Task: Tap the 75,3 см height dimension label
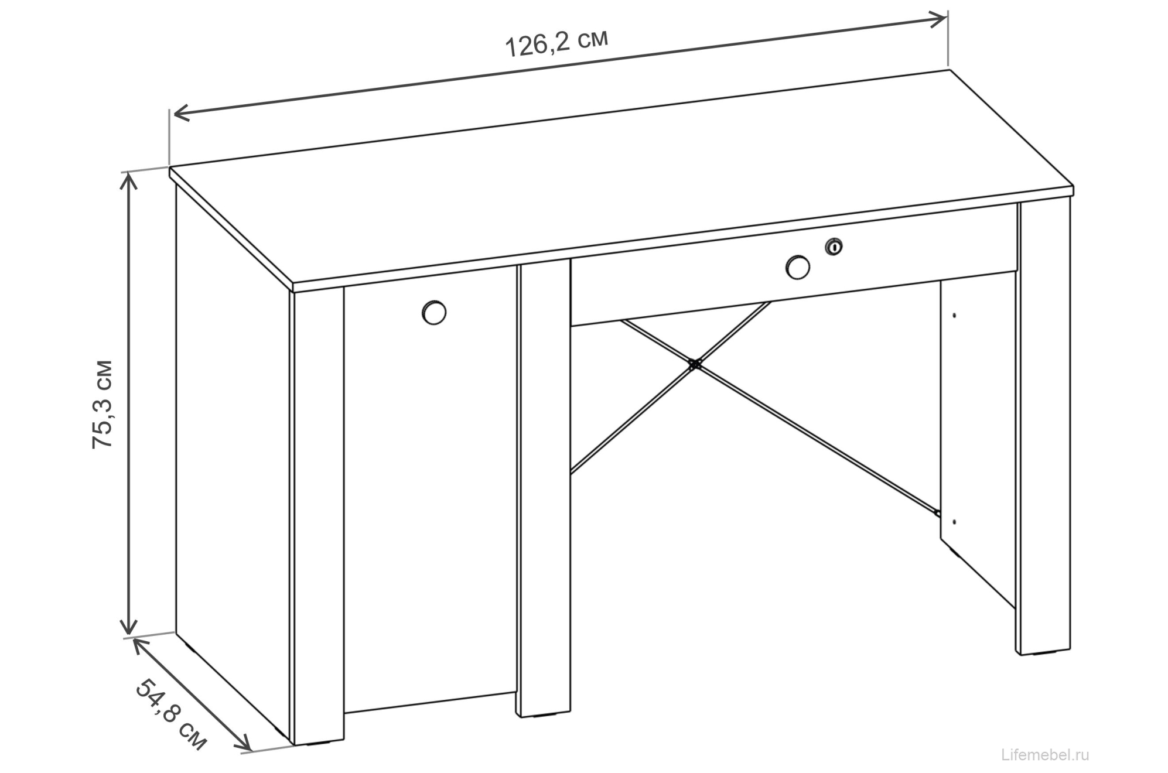pos(103,405)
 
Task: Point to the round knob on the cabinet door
pos(433,312)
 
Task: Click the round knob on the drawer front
pos(797,268)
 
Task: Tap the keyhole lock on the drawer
pos(834,247)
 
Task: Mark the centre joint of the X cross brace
pos(695,365)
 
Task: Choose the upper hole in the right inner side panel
pos(954,316)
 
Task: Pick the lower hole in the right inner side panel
pos(954,521)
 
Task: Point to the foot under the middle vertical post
pos(544,716)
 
